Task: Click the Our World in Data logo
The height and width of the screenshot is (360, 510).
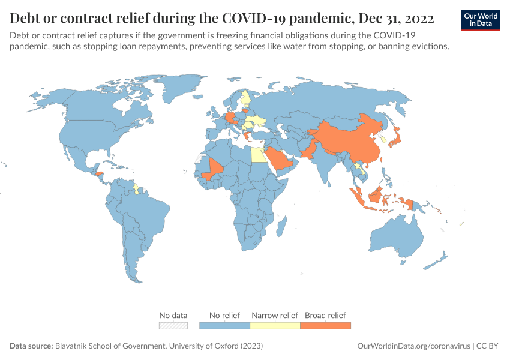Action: (480, 20)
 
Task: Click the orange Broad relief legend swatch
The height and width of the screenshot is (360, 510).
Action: (325, 325)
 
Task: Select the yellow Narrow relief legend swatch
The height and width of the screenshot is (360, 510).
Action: (275, 325)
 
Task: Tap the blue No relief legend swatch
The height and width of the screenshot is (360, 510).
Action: (224, 325)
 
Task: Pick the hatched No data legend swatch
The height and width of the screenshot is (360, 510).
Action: (173, 325)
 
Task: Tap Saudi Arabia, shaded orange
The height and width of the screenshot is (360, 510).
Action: (280, 160)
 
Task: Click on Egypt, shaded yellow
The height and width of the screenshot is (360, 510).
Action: (257, 155)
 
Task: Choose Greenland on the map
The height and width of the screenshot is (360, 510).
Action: (180, 90)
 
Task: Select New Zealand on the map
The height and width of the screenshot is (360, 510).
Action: (438, 260)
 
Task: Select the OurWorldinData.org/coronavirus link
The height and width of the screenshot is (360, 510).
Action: (413, 346)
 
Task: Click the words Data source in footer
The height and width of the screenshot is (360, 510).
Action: (31, 346)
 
